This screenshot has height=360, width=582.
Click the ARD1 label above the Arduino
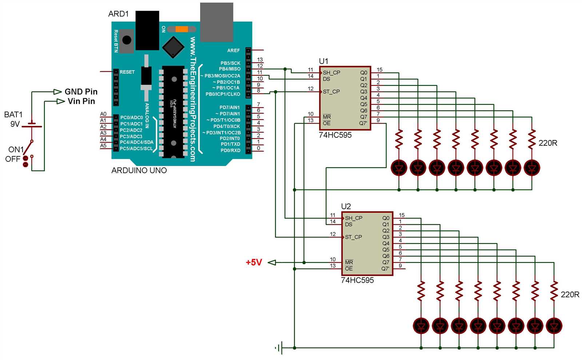[119, 14]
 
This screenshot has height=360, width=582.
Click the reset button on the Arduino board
[127, 40]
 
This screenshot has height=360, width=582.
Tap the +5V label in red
[254, 262]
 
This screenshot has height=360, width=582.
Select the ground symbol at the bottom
[279, 348]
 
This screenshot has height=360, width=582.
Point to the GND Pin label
[81, 92]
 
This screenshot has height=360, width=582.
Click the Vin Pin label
[81, 101]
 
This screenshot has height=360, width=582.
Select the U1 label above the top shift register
[323, 61]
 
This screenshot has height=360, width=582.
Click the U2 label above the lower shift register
[346, 207]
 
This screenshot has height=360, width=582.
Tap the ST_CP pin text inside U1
[331, 92]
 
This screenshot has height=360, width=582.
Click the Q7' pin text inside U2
[385, 269]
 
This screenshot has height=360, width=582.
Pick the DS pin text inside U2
[348, 224]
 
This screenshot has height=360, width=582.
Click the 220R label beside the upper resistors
[548, 143]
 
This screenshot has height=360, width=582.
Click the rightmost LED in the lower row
[554, 325]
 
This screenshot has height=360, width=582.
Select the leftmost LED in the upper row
[399, 168]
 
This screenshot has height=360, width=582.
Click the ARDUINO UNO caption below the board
[139, 170]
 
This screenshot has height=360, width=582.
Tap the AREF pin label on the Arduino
[234, 51]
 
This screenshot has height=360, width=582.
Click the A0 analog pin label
[103, 114]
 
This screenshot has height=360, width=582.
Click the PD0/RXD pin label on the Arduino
[231, 150]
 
